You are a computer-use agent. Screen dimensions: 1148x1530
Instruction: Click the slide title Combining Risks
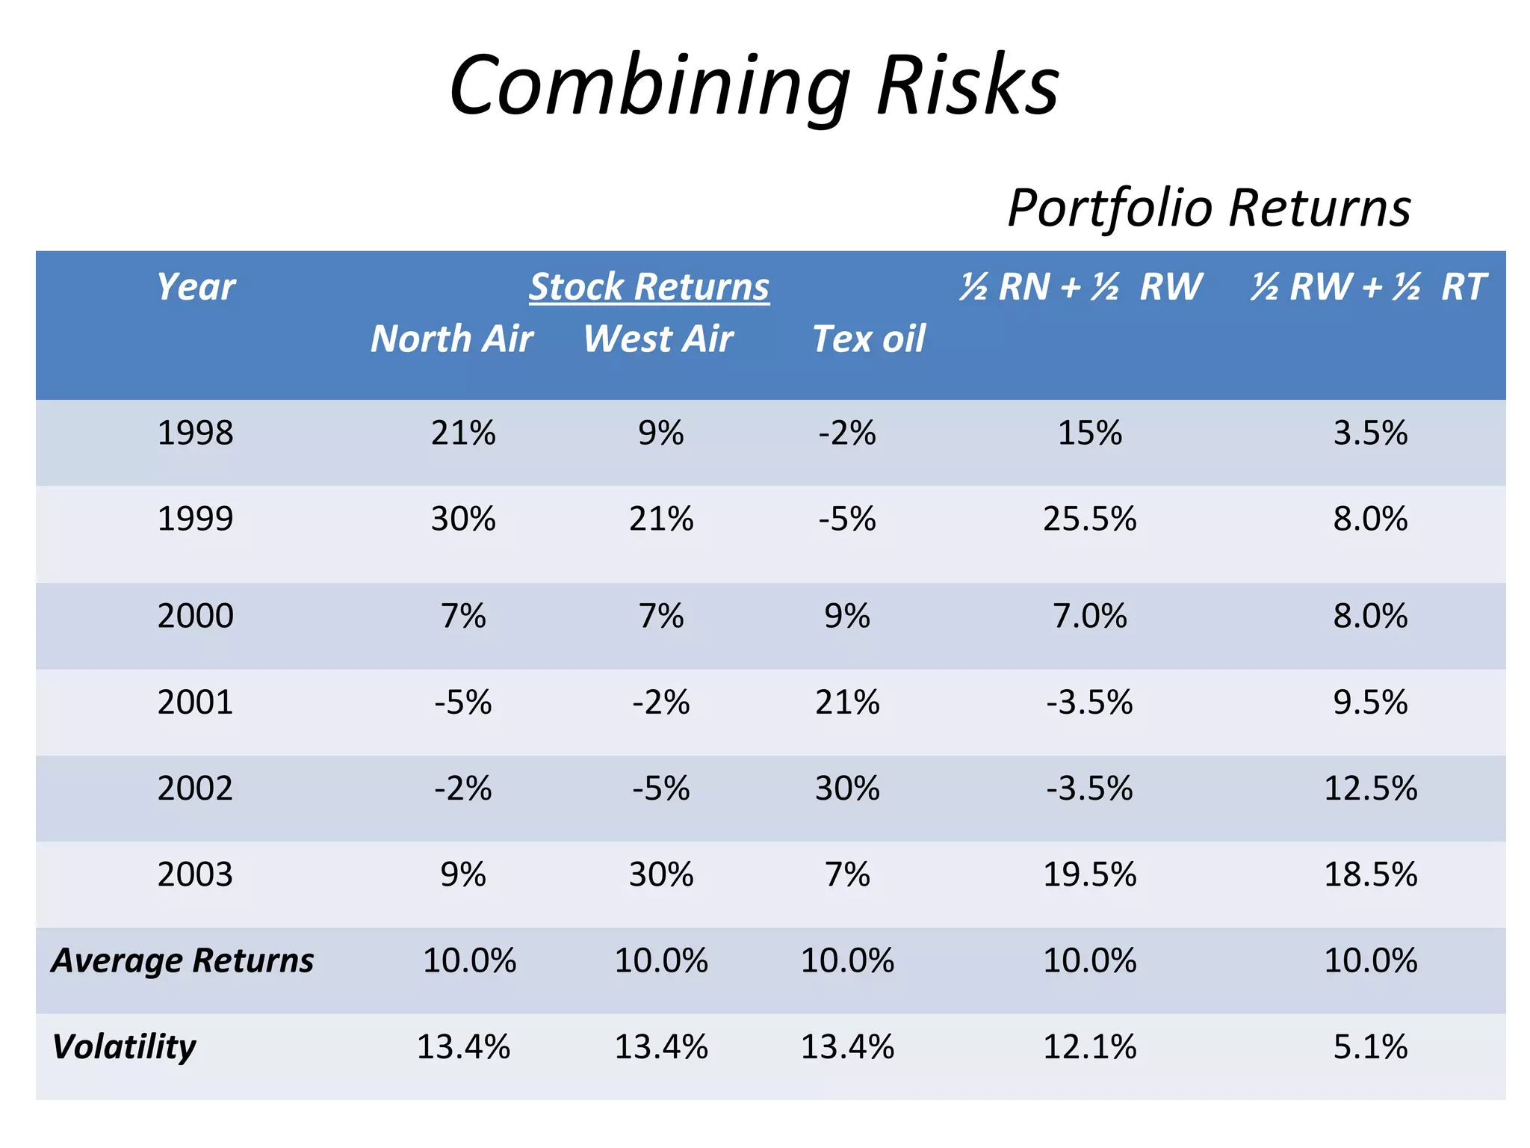(754, 85)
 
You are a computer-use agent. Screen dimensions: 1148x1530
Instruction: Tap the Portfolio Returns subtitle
(1208, 207)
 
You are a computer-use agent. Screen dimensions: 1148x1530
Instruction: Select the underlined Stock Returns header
(648, 287)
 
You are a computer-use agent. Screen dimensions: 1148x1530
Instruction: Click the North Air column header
(451, 339)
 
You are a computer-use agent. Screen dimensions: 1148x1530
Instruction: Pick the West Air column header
(658, 339)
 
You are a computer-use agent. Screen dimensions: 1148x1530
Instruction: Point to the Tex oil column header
(868, 339)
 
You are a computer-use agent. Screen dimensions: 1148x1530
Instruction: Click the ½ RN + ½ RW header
(1080, 287)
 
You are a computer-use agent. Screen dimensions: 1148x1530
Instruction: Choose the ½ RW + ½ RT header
(1369, 287)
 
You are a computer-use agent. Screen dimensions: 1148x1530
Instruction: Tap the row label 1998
(195, 433)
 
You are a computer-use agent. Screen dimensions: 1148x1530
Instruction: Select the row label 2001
(195, 703)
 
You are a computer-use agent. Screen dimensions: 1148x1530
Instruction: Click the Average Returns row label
(182, 960)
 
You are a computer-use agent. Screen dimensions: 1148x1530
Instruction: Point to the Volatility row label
(124, 1046)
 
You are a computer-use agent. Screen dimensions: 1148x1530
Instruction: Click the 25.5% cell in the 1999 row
(1089, 519)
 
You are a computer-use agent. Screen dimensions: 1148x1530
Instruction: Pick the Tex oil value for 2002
(847, 789)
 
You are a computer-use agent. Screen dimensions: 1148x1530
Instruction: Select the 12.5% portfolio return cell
(1370, 789)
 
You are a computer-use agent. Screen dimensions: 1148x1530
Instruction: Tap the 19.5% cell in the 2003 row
(1089, 874)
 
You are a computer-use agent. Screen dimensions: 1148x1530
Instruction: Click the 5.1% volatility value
(1370, 1046)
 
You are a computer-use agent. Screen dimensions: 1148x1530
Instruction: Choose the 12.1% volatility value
(1089, 1046)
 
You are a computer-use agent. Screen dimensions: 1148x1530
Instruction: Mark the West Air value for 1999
(661, 519)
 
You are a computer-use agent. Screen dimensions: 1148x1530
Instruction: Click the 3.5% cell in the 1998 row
(1370, 433)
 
